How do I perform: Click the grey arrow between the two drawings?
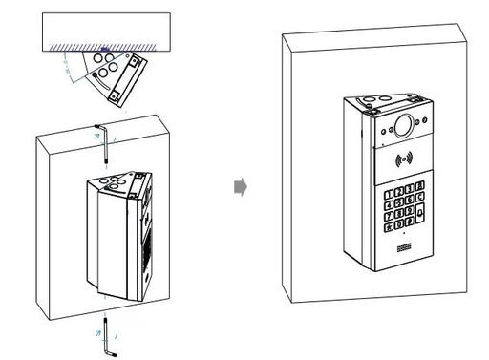[241, 188]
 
